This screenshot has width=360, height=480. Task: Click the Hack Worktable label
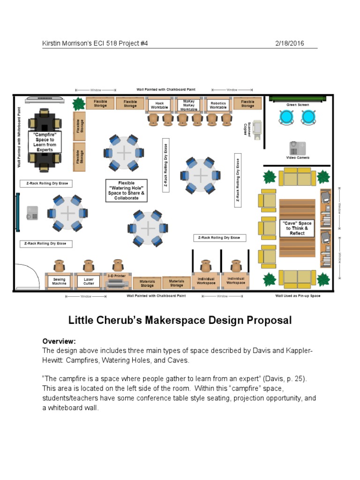(159, 105)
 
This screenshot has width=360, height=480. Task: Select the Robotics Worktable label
(218, 105)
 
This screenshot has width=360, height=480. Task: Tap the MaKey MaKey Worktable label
(188, 105)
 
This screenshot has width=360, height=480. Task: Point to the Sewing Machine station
(59, 281)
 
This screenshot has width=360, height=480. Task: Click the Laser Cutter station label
(89, 281)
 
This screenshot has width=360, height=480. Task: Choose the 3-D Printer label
(117, 276)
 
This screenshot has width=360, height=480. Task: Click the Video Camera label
(298, 158)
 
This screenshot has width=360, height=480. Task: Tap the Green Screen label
(298, 105)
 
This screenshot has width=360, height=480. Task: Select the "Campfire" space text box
(45, 142)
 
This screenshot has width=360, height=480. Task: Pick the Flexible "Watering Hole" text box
(127, 190)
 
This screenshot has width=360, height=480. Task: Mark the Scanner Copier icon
(257, 128)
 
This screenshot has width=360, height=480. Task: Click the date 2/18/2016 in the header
(289, 44)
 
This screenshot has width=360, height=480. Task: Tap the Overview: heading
(59, 341)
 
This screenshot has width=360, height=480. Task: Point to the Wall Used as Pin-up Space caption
(298, 296)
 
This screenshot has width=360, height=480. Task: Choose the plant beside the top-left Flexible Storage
(79, 103)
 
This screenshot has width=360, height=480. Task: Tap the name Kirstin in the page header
(53, 44)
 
